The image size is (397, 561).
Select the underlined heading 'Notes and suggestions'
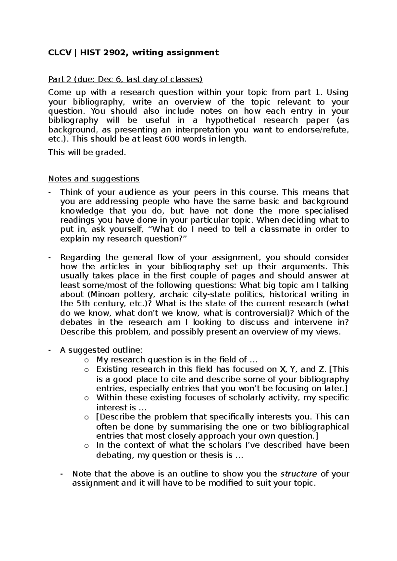[x=94, y=179]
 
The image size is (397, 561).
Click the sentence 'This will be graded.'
[x=87, y=152]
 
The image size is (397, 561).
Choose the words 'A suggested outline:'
[x=101, y=350]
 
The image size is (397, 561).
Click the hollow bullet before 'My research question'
[x=86, y=360]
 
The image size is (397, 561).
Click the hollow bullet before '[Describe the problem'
[x=86, y=418]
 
